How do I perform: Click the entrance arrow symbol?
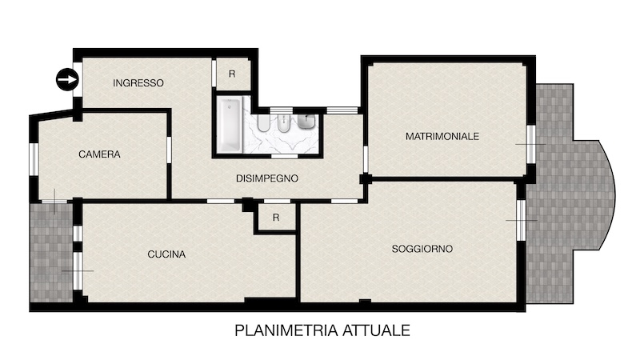pos(67,79)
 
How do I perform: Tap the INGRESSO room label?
pos(138,83)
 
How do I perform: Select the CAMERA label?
pos(99,154)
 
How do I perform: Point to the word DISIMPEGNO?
pos(267,178)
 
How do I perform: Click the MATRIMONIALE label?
pos(442,136)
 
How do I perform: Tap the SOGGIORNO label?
pos(422,249)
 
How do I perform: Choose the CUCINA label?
pos(166,254)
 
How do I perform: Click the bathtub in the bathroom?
pos(230,125)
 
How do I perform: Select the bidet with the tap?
pos(284,125)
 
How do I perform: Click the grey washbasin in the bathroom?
pos(306,122)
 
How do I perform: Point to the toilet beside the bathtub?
pos(264,124)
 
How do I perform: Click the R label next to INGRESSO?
pos(232,74)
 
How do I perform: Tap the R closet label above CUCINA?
pos(276,218)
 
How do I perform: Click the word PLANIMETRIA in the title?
pos(286,330)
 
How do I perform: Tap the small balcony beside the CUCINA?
pos(51,252)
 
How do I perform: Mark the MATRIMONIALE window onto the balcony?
pos(530,144)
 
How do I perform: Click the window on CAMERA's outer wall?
pos(34,159)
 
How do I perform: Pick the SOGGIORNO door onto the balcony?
pos(522,221)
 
